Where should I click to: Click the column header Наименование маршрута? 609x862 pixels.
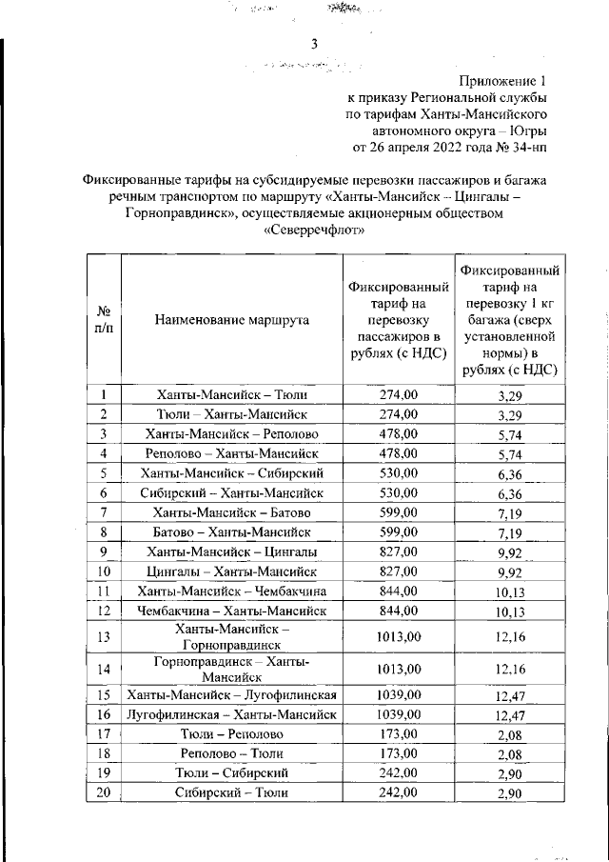231,321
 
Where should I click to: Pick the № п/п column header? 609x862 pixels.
104,320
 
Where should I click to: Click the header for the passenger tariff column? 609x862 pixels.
398,321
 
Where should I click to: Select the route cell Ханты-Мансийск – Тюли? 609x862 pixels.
231,393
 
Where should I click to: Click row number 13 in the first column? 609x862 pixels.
104,637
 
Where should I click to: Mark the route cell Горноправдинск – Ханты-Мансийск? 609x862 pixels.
231,669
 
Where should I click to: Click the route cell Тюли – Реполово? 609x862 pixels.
231,733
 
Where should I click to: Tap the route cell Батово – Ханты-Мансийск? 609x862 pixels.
231,531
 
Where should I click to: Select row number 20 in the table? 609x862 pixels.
104,792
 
